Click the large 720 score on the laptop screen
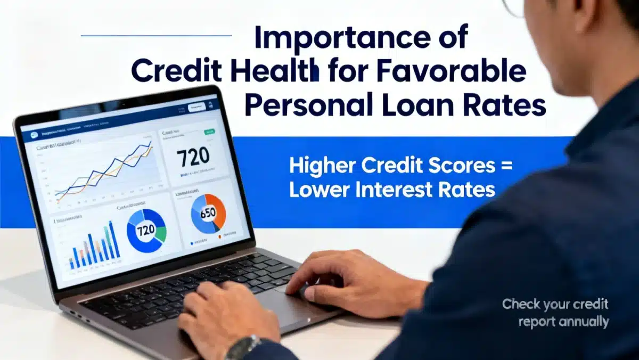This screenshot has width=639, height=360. (x=194, y=158)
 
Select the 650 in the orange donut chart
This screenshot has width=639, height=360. (x=207, y=214)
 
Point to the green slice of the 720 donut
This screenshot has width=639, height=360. (x=161, y=232)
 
